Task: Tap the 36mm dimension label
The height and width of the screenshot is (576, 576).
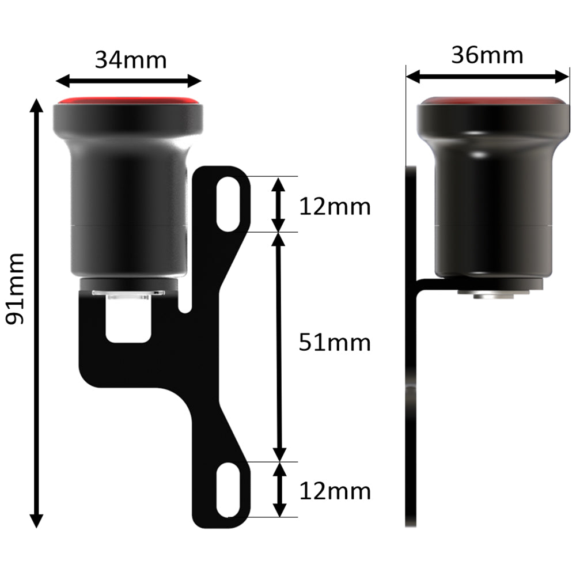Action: tap(487, 56)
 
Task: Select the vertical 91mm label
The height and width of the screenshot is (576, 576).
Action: tap(16, 288)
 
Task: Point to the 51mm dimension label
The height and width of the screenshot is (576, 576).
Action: tap(334, 343)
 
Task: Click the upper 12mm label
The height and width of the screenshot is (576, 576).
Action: tap(334, 206)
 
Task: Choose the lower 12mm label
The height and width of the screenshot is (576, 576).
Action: tap(334, 491)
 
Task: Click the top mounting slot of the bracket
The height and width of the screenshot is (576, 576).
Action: tap(229, 204)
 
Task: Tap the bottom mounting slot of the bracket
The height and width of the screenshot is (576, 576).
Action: tap(229, 490)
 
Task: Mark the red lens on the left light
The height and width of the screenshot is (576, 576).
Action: tap(128, 100)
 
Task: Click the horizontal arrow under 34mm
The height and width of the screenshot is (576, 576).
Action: tap(128, 81)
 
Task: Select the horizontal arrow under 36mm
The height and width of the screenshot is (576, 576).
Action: tap(487, 75)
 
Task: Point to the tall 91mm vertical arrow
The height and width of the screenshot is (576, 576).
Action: tap(36, 313)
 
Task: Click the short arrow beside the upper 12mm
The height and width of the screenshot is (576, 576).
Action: tap(279, 204)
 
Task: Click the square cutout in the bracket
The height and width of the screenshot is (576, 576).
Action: tap(130, 321)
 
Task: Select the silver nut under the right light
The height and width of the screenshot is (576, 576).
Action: tap(494, 294)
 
